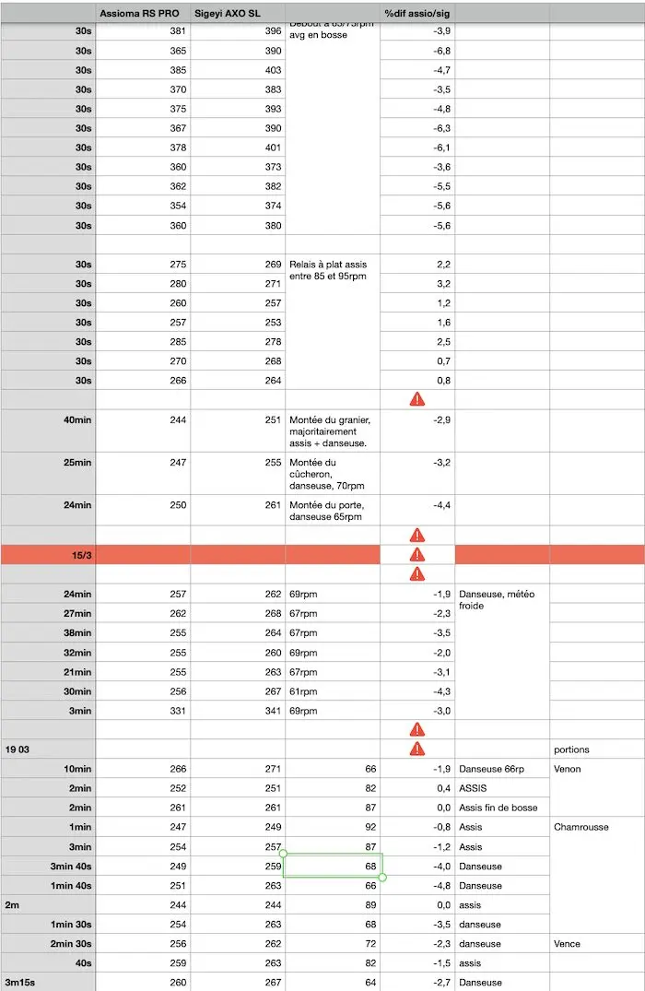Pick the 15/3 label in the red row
[81, 554]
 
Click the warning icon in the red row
[416, 554]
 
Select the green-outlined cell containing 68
[333, 866]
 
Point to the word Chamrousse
[581, 827]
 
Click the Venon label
[568, 769]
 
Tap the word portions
[571, 749]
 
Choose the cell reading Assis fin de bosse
[498, 808]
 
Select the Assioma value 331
[178, 711]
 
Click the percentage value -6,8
[441, 51]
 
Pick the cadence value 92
[369, 827]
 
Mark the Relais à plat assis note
[328, 270]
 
